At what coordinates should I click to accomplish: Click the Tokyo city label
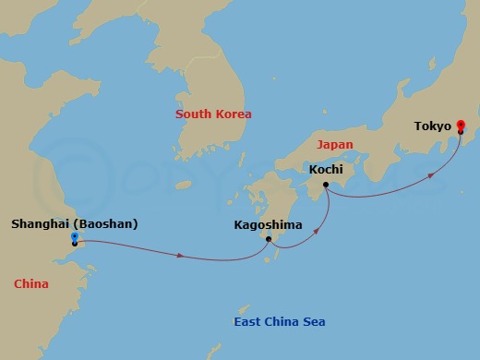pyautogui.click(x=433, y=126)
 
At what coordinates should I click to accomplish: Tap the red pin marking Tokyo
pyautogui.click(x=461, y=126)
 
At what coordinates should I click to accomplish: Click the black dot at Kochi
pyautogui.click(x=326, y=186)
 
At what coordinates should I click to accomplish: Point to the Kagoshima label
pyautogui.click(x=267, y=223)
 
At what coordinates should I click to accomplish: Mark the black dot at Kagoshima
pyautogui.click(x=269, y=240)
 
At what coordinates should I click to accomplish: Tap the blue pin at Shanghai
pyautogui.click(x=74, y=239)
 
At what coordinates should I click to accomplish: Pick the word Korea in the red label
pyautogui.click(x=233, y=114)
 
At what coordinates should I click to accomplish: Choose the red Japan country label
pyautogui.click(x=334, y=145)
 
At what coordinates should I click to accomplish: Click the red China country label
pyautogui.click(x=31, y=283)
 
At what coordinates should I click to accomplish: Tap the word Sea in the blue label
pyautogui.click(x=313, y=321)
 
